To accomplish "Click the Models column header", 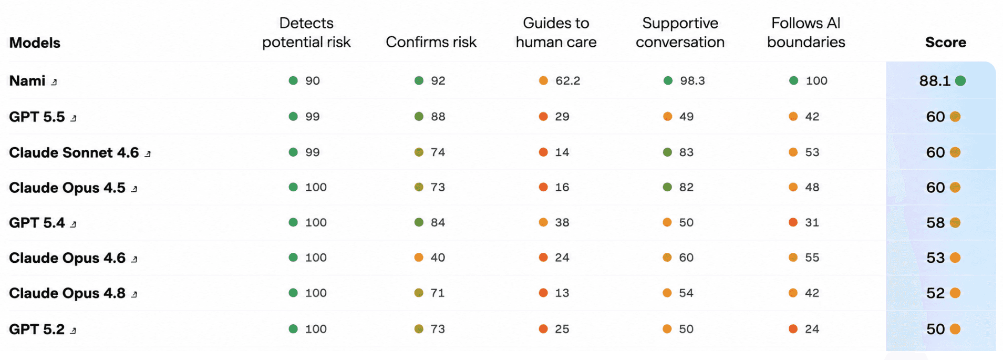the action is tap(35, 43).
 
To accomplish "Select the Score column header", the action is tap(945, 42).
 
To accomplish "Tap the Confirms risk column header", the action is tap(431, 42).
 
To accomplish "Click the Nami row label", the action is tap(27, 80).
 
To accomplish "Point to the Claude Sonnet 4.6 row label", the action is tap(74, 152).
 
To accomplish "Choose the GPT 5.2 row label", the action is tap(37, 329).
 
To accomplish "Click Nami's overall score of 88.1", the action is tap(935, 80).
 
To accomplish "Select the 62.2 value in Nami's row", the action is tap(568, 80).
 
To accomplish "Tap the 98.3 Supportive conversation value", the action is tap(692, 80).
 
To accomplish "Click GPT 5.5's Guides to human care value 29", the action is tap(562, 117).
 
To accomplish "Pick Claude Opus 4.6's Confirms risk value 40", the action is tap(438, 258).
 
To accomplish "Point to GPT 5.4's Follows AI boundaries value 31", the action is tap(812, 222).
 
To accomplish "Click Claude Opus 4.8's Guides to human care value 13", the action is tap(562, 293).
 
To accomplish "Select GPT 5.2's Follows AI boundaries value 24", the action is tap(812, 329).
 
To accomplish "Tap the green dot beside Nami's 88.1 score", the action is tap(960, 80).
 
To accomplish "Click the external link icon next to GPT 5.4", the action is tap(74, 224).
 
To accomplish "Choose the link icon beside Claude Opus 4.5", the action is tap(135, 189).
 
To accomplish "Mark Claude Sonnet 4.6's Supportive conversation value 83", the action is tap(686, 152).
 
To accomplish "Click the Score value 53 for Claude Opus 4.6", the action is tap(935, 258).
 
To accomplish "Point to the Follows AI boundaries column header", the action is tap(806, 33).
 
